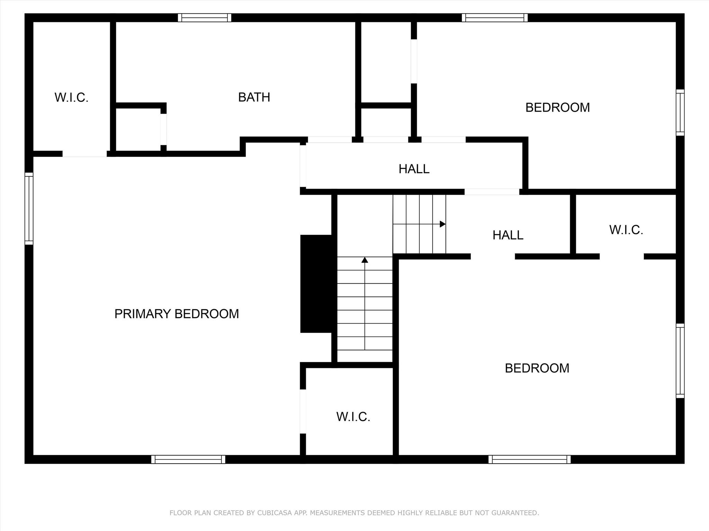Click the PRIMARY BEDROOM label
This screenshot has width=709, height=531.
(177, 314)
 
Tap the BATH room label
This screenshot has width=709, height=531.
(254, 97)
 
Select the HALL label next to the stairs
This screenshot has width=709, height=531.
(508, 235)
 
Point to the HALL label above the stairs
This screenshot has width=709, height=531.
(414, 169)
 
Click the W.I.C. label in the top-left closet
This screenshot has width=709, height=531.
(72, 97)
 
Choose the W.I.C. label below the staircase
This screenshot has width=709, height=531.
(353, 417)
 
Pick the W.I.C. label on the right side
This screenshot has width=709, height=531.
(626, 230)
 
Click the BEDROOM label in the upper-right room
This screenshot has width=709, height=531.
(558, 108)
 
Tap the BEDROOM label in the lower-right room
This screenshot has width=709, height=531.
(537, 368)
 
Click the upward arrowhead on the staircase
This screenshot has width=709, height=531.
(365, 260)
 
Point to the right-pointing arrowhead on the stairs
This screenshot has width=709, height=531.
(443, 224)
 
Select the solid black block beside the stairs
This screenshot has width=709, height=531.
(316, 284)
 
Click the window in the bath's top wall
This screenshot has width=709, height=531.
(205, 18)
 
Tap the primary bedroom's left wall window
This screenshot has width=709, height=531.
(29, 209)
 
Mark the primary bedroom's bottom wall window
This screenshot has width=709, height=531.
(188, 459)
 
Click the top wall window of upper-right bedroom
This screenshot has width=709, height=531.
(495, 18)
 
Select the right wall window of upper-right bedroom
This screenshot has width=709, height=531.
(680, 113)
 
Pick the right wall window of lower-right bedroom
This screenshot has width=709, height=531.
(680, 361)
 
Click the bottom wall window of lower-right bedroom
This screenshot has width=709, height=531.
(530, 459)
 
